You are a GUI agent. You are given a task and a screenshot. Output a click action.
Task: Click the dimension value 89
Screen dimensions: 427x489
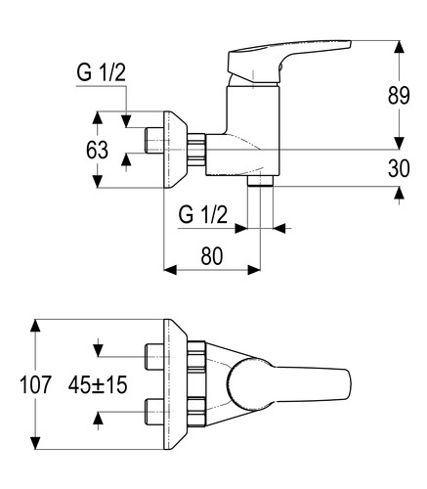[399, 96]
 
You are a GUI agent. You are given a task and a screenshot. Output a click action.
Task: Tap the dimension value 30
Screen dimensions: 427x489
[399, 168]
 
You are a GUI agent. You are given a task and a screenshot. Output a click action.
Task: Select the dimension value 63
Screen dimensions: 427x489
[97, 151]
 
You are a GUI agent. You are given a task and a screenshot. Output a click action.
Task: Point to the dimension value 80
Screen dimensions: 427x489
[212, 255]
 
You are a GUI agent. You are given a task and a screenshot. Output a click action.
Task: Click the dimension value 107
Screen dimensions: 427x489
[35, 384]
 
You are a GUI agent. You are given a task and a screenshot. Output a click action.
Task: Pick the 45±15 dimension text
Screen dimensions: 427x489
[98, 384]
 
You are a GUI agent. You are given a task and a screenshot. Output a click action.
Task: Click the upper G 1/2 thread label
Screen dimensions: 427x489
[101, 72]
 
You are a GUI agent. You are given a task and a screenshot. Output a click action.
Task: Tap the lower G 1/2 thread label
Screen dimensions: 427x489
[202, 215]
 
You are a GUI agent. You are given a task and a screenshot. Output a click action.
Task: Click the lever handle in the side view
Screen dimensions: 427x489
[286, 62]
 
